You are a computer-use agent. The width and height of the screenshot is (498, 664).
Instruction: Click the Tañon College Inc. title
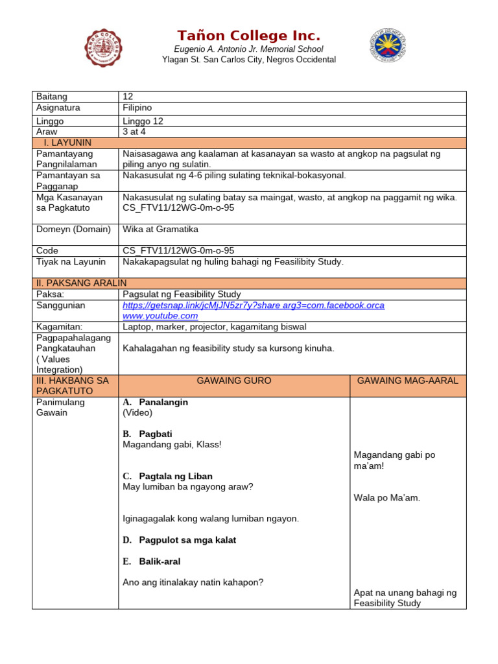[x=248, y=36]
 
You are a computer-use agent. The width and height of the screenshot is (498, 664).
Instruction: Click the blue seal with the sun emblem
[x=388, y=45]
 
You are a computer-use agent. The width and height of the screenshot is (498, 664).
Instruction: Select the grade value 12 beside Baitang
[x=128, y=97]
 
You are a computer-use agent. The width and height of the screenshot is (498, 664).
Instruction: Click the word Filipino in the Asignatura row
[x=137, y=108]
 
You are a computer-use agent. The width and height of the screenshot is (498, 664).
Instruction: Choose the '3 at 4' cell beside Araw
[x=134, y=132]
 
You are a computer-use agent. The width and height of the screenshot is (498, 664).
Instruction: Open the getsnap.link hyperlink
[x=253, y=305]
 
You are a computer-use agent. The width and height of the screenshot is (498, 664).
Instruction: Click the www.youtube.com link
[x=160, y=316]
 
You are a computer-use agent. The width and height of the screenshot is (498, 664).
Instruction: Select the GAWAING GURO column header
[x=234, y=381]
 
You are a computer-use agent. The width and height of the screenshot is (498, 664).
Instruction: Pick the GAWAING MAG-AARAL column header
[x=408, y=381]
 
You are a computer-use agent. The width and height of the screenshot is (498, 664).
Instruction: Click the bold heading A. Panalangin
[x=156, y=402]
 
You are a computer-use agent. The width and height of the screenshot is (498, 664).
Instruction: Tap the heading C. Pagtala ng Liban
[x=167, y=476]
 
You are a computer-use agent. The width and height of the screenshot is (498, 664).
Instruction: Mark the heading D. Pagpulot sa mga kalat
[x=180, y=540]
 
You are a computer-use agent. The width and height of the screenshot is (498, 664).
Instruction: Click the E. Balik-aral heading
[x=152, y=562]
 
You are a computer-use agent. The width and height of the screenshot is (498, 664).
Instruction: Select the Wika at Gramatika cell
[x=160, y=230]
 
